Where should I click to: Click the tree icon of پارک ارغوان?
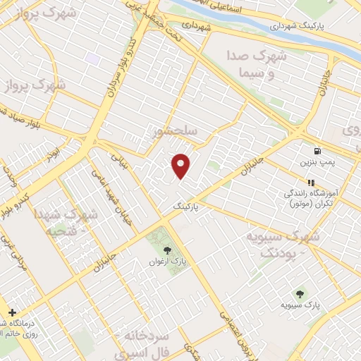(x=167, y=250)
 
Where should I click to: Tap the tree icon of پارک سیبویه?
(x=301, y=294)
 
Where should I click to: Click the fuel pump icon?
(x=318, y=151)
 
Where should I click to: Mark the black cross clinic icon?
(x=12, y=312)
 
